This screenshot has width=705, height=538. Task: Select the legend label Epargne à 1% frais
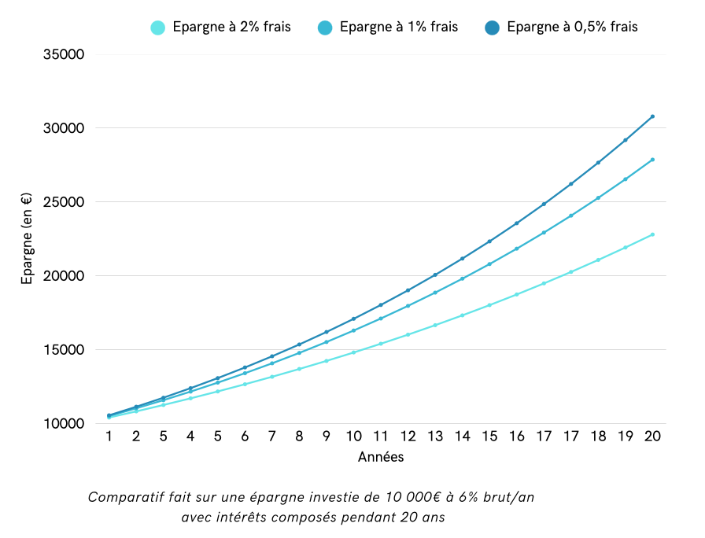click(x=398, y=27)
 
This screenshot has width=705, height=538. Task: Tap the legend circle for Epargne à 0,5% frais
click(x=493, y=28)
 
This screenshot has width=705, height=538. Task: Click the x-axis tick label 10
click(x=354, y=437)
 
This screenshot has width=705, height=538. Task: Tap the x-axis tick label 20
click(x=651, y=437)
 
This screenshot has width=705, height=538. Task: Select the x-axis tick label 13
click(x=435, y=437)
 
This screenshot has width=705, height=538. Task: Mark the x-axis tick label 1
click(x=109, y=437)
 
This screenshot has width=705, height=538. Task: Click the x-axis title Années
click(x=381, y=456)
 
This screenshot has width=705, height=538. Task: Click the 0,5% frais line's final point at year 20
click(x=652, y=116)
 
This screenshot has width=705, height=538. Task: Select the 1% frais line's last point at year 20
click(x=652, y=160)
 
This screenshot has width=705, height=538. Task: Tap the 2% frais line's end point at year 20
click(x=652, y=234)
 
